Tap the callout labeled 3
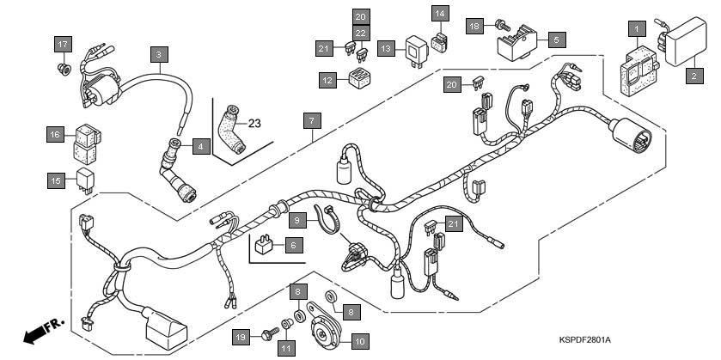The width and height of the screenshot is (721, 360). point(157,55)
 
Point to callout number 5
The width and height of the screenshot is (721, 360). point(555,40)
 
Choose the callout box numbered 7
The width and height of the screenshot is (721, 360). point(311,120)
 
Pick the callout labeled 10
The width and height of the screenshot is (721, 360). point(359,341)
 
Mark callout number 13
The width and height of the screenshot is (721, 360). point(387,50)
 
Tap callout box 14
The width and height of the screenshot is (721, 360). point(440,14)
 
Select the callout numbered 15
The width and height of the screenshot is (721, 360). point(56,180)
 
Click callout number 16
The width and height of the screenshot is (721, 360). point(56,135)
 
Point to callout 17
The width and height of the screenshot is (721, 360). point(62,44)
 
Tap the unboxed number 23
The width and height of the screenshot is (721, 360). point(254,123)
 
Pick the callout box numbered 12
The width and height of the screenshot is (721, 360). point(327,80)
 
